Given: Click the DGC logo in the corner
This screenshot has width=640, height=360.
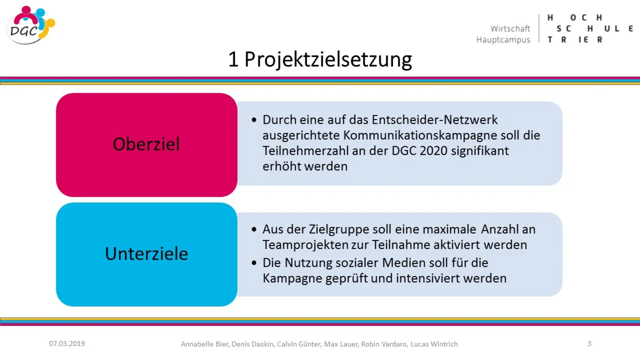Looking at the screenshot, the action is tap(30, 25).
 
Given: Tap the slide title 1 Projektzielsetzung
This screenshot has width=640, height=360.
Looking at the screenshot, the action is tap(320, 60).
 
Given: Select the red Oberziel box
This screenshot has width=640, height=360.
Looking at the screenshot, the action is tap(146, 144).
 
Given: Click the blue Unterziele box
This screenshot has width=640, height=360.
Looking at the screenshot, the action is tap(146, 254).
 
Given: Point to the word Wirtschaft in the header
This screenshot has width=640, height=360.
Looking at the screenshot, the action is tap(510, 28).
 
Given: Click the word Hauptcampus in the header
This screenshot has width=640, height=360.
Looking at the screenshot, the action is tap(503, 40).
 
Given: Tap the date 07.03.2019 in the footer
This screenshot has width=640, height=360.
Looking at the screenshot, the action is tap(67, 344).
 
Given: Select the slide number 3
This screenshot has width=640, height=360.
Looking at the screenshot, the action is tap(590, 344).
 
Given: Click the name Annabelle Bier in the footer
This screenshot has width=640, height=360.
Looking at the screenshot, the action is tap(205, 344).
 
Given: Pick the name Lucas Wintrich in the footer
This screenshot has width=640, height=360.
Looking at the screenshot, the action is tap(434, 344).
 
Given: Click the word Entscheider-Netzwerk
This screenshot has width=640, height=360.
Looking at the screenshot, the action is tap(434, 120).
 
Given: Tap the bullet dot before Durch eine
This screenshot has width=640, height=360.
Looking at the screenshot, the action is tap(254, 120).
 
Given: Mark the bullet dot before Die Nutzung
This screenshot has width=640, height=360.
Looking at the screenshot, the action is tap(254, 263).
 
